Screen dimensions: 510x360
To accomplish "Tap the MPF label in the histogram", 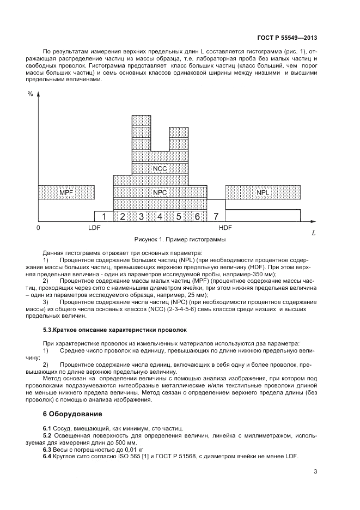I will [x=66, y=192].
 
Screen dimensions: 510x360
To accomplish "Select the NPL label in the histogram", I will [x=263, y=192].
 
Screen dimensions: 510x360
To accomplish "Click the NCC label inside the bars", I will [x=160, y=169].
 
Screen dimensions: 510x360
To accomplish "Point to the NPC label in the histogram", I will [x=160, y=192].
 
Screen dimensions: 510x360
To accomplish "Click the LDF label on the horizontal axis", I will [x=95, y=227].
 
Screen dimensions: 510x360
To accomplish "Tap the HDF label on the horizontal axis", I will [x=225, y=227].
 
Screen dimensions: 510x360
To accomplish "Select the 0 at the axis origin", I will [x=38, y=227].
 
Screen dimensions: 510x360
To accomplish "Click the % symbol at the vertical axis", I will [x=30, y=94].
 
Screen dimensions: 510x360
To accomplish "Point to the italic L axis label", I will [x=314, y=233].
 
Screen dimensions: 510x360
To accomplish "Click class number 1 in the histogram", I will [x=103, y=217].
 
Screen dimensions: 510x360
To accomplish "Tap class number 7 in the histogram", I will [x=216, y=217].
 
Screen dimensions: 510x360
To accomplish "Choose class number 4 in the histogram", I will [x=160, y=217].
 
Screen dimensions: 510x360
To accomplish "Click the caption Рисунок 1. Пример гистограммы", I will [x=180, y=239].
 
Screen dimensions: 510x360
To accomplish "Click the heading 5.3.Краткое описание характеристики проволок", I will [x=114, y=330].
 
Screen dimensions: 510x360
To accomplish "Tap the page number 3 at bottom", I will [x=315, y=471].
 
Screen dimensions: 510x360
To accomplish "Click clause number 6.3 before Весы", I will [x=47, y=450].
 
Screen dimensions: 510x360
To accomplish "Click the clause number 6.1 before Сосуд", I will [x=47, y=428].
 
